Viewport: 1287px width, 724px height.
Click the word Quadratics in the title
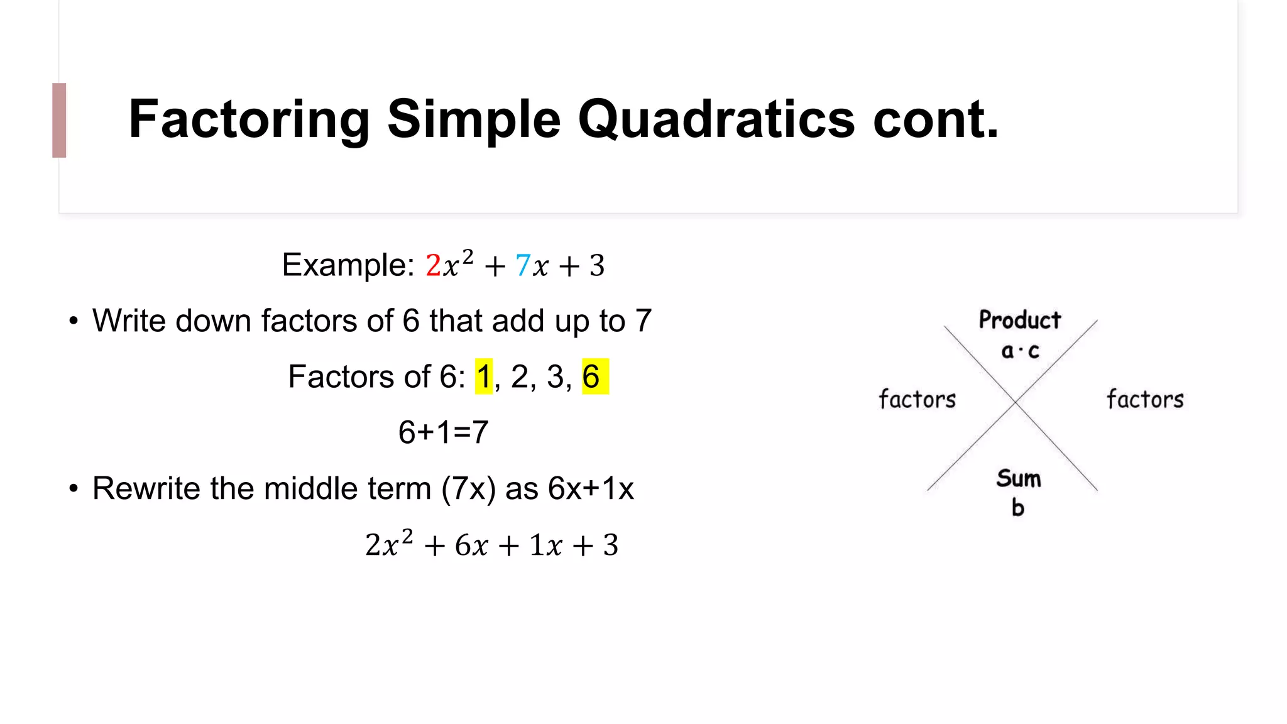[716, 119]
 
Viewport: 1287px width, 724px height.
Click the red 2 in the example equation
[433, 265]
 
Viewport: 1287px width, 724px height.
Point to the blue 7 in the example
[523, 265]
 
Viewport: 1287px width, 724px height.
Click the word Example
[348, 265]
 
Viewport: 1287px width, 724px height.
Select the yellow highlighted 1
[483, 376]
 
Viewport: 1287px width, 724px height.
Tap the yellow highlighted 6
[592, 376]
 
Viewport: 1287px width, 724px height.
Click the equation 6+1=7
[443, 432]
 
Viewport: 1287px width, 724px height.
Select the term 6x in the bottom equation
[471, 545]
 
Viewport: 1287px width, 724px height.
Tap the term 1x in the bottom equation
[545, 545]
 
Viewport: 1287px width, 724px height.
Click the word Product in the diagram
[1019, 320]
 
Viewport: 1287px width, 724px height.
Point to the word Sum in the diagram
[1019, 479]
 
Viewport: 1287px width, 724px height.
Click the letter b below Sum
[1018, 507]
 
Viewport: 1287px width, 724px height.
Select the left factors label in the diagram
[917, 399]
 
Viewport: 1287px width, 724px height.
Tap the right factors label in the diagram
[1145, 399]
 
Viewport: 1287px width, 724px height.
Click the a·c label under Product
[1020, 351]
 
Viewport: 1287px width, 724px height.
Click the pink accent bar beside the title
[59, 120]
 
